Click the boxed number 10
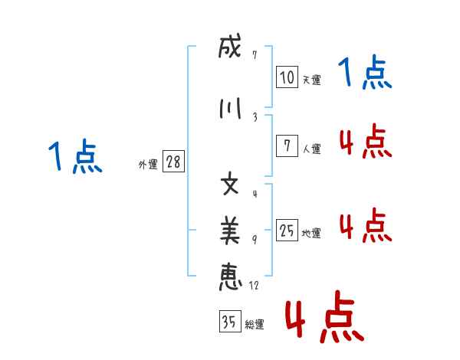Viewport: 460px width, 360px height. click(287, 77)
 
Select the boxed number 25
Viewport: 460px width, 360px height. click(287, 231)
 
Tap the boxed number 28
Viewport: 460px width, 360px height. click(173, 162)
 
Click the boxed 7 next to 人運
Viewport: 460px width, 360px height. click(287, 146)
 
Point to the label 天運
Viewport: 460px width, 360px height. click(311, 80)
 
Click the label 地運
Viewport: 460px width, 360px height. click(311, 233)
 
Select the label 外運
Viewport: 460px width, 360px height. click(146, 164)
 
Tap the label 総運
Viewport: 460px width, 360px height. click(254, 325)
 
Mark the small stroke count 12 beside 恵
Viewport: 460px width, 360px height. click(254, 286)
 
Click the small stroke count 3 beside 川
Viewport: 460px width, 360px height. click(254, 117)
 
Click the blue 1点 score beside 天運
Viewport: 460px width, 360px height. click(365, 74)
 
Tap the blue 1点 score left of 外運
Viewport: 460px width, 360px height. click(74, 158)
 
